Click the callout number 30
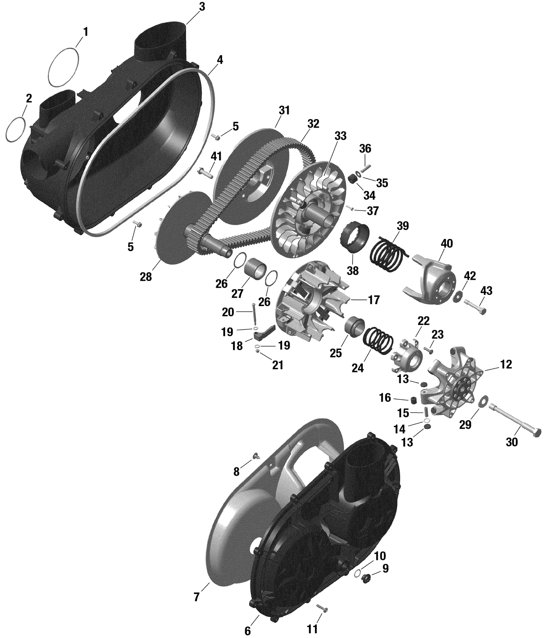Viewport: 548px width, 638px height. (511, 442)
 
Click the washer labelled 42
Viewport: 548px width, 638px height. (457, 297)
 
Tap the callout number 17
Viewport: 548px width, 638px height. (373, 300)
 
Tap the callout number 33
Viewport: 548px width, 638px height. (340, 136)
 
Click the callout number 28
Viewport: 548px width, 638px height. (145, 277)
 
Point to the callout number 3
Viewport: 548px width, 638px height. (202, 7)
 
